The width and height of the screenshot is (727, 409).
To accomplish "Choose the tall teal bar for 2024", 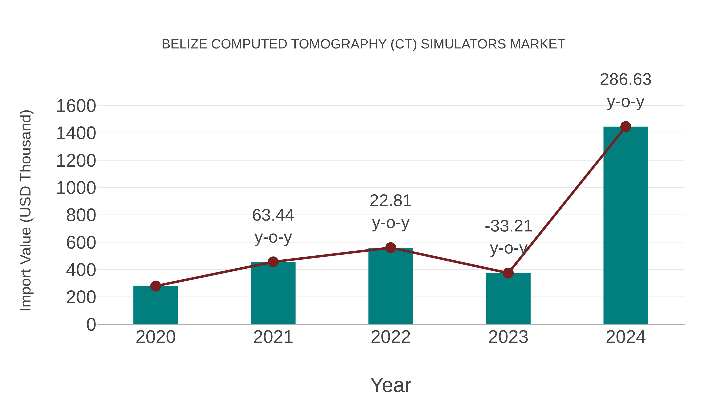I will [626, 226].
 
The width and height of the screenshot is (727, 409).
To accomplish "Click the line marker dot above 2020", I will [155, 286].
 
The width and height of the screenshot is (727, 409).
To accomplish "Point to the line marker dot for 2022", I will [391, 248].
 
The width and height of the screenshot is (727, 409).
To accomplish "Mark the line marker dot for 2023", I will [508, 273].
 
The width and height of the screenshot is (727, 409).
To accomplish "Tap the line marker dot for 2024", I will [626, 127].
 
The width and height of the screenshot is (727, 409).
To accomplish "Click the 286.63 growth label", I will [625, 80].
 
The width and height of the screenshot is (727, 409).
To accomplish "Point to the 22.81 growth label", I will [391, 201].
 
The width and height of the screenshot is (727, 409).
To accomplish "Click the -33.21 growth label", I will [508, 226].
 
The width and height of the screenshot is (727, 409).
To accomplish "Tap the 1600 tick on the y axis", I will [76, 106].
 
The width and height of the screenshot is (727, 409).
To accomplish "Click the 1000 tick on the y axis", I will [76, 188].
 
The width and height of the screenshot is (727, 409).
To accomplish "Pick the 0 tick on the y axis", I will [91, 325].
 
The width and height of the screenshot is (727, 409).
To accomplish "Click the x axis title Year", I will [391, 385].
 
